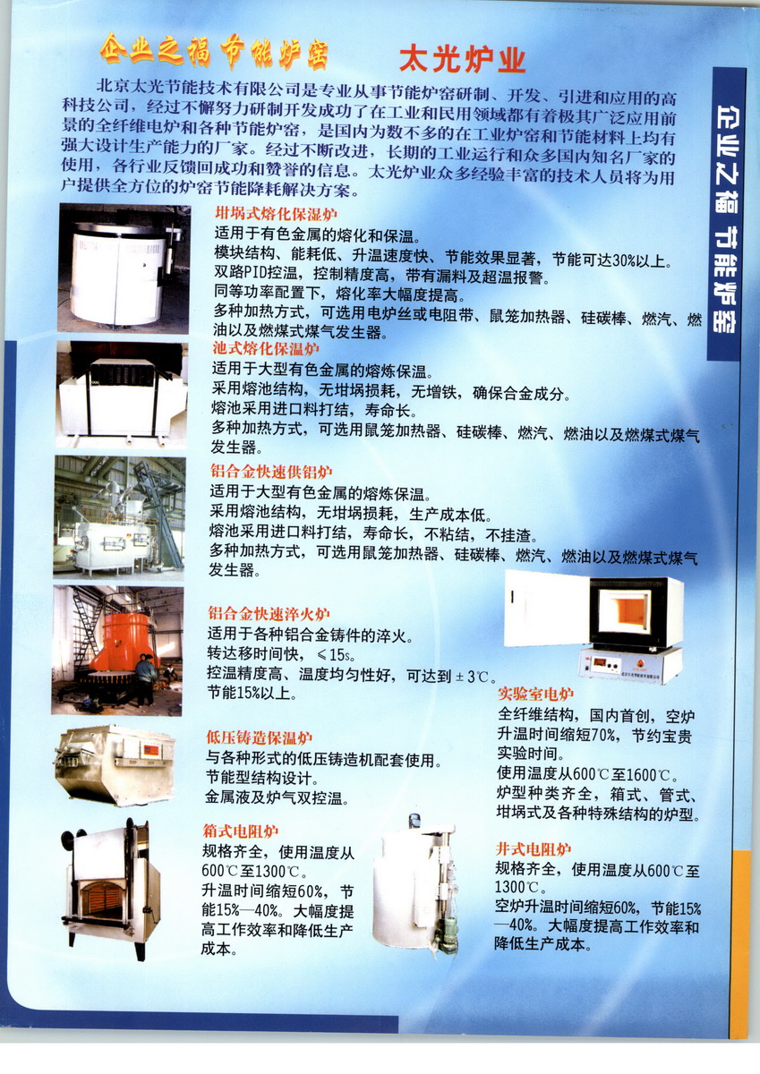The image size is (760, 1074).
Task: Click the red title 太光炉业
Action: tap(463, 61)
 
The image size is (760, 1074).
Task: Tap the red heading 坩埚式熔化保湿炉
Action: tap(276, 213)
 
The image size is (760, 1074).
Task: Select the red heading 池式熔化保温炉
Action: tap(266, 348)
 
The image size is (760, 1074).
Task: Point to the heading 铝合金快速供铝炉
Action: tap(271, 472)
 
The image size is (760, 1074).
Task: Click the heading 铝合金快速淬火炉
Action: tap(269, 614)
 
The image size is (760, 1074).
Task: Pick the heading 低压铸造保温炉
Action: tap(260, 737)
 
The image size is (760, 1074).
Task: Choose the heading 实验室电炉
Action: tap(535, 694)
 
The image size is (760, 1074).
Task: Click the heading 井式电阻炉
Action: tap(534, 849)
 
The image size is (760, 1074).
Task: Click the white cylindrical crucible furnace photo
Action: tap(124, 268)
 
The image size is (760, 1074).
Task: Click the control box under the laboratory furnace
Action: tap(630, 665)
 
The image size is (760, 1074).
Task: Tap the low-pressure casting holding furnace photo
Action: tap(115, 764)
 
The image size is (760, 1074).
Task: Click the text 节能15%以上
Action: tap(252, 694)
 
